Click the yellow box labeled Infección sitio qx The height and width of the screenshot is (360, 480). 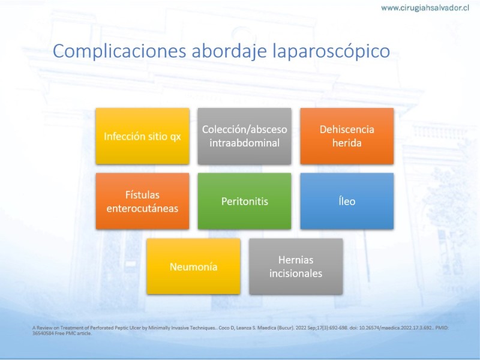(142, 136)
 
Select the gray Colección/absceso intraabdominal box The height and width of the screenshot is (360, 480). (244, 136)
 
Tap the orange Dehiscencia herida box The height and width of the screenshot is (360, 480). (347, 136)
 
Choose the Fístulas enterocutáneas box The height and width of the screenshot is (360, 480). (142, 201)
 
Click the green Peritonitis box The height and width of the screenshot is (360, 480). (244, 201)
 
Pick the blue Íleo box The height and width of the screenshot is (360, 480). (347, 201)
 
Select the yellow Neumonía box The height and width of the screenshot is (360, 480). (193, 266)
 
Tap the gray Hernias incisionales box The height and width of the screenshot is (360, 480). (296, 266)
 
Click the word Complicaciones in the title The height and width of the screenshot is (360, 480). (119, 51)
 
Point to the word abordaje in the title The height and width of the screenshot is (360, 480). (229, 52)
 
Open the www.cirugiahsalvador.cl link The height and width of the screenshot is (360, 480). (425, 8)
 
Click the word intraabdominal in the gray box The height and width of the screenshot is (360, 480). (244, 143)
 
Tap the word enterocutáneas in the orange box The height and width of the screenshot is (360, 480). (142, 208)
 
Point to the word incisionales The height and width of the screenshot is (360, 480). (296, 274)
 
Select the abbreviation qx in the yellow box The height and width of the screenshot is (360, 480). (175, 137)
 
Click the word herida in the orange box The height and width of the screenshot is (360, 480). (347, 143)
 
